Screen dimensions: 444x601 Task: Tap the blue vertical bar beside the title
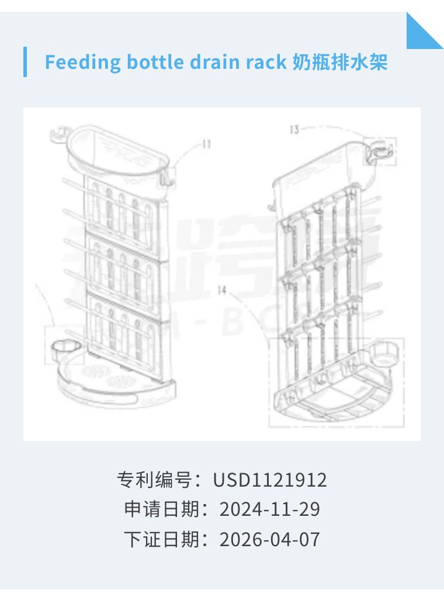pos(25,62)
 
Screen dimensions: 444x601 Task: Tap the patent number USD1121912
pos(270,480)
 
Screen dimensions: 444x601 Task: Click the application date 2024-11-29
pos(270,509)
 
